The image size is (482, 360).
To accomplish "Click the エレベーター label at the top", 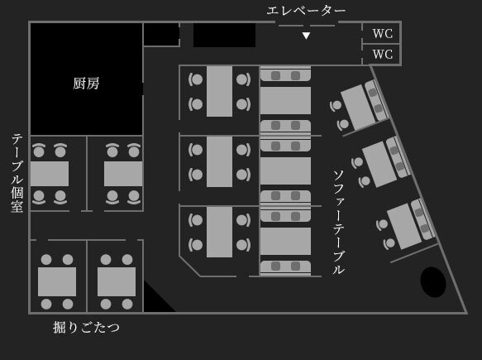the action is [306, 11].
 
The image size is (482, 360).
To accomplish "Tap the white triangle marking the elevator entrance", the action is [306, 36].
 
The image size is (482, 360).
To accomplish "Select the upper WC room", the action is [382, 33].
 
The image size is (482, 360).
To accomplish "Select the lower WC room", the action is [382, 55].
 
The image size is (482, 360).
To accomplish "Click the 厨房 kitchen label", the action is [86, 84].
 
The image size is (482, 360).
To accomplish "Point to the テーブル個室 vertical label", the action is [17, 173].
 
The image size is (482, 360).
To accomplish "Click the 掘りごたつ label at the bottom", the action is [86, 327].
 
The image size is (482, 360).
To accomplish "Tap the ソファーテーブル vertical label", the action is [338, 222].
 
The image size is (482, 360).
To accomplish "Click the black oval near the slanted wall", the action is [433, 282].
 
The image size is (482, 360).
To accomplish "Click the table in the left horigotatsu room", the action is [57, 281].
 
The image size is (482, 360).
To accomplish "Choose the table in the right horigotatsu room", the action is [117, 281].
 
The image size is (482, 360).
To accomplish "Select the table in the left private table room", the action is [50, 174].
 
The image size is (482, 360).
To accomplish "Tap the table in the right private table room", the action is [123, 174].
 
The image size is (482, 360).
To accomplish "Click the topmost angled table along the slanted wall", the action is [358, 107].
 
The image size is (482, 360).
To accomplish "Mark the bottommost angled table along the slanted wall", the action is [404, 226].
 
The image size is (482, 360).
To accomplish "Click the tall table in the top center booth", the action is [219, 91].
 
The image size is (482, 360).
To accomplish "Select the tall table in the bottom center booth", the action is [219, 232].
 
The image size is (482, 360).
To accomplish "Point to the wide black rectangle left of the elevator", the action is [224, 35].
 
